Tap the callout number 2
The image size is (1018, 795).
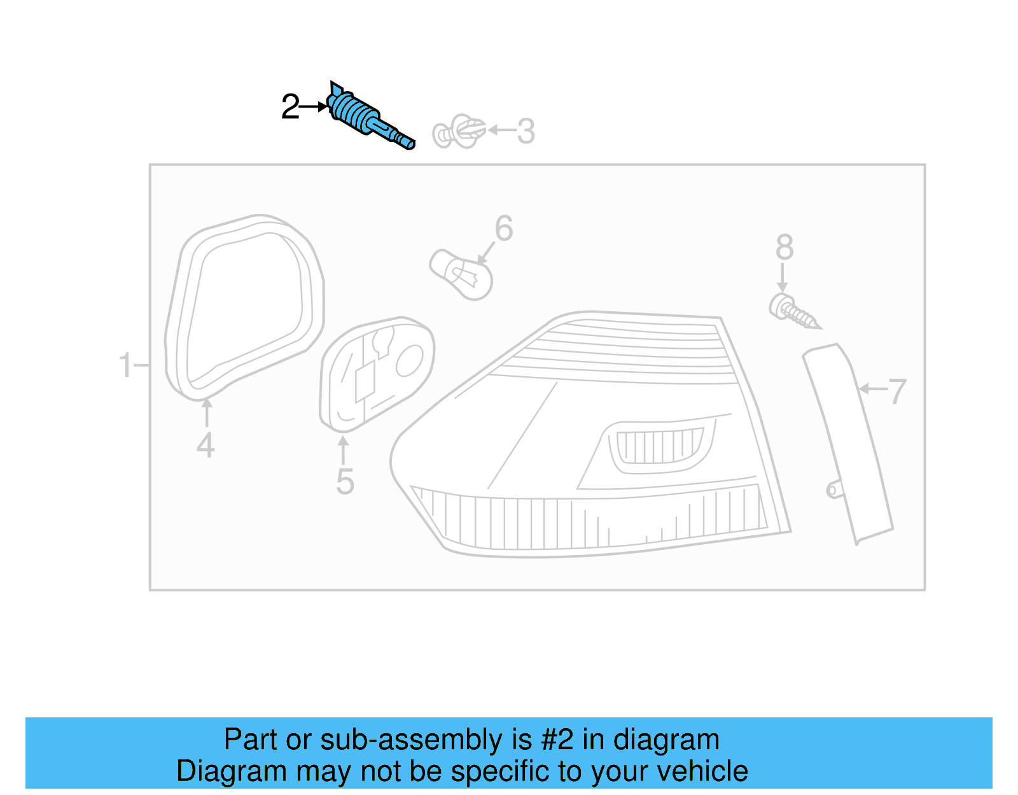(x=290, y=107)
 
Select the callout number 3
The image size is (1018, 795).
(x=526, y=132)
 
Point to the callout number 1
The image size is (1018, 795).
(x=125, y=365)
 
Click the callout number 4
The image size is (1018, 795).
(x=206, y=445)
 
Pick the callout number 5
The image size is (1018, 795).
(x=345, y=482)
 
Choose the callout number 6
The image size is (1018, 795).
(x=504, y=229)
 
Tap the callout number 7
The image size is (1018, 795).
(x=897, y=391)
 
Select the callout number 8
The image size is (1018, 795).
(x=784, y=248)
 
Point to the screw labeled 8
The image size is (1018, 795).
(x=793, y=311)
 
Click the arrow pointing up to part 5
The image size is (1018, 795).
(x=343, y=449)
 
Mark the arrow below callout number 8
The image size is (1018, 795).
(x=783, y=279)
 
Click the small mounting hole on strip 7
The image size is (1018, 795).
(x=832, y=490)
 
